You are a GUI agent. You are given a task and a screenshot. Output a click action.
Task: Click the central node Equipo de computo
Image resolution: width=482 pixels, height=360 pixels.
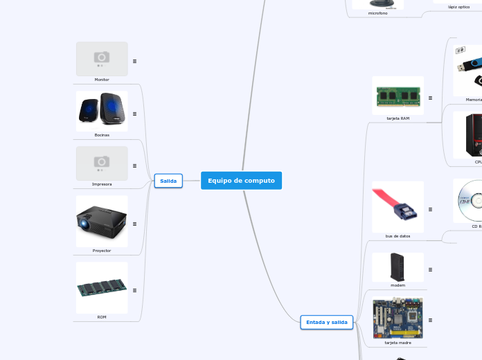(241, 181)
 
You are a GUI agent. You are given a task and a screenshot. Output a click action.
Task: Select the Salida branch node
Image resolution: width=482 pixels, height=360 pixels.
(168, 181)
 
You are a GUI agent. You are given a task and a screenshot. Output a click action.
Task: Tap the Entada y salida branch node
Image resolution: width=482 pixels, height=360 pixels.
(327, 322)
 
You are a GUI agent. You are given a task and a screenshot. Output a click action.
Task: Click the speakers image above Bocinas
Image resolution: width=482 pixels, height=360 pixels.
(102, 111)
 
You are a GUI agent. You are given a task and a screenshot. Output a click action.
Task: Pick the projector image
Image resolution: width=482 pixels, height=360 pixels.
(102, 222)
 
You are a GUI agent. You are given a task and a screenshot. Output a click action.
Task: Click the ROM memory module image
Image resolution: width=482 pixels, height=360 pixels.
(102, 287)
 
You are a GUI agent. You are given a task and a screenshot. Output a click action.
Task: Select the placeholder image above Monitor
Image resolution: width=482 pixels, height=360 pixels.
(102, 59)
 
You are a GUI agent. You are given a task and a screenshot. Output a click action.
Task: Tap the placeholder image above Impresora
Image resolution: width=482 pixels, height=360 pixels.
(102, 163)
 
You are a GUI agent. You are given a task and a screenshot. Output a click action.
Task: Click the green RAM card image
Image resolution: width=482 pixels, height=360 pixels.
(398, 96)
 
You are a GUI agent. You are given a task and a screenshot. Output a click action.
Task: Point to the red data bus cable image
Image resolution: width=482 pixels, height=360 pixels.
(398, 207)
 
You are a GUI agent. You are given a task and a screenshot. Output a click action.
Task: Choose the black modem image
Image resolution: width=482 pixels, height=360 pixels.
(398, 267)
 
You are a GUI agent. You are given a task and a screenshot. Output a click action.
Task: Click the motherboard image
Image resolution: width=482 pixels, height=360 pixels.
(398, 318)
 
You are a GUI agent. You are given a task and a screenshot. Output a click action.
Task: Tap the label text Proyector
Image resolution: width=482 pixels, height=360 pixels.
(102, 251)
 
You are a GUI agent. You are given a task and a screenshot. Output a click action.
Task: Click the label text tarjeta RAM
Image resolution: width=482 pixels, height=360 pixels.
(398, 118)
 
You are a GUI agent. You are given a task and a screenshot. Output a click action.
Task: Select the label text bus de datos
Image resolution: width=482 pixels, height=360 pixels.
(398, 236)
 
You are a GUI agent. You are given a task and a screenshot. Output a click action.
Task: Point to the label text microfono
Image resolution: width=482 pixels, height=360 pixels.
(378, 13)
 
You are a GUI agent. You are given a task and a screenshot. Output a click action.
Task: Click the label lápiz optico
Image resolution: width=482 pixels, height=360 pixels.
(458, 7)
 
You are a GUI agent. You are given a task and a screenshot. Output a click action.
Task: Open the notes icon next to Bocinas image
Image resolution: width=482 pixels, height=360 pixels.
(134, 114)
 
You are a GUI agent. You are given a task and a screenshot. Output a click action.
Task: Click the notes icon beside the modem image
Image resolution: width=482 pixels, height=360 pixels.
(430, 269)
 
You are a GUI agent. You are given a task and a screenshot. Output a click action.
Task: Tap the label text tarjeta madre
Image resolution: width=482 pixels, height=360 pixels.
(398, 343)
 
